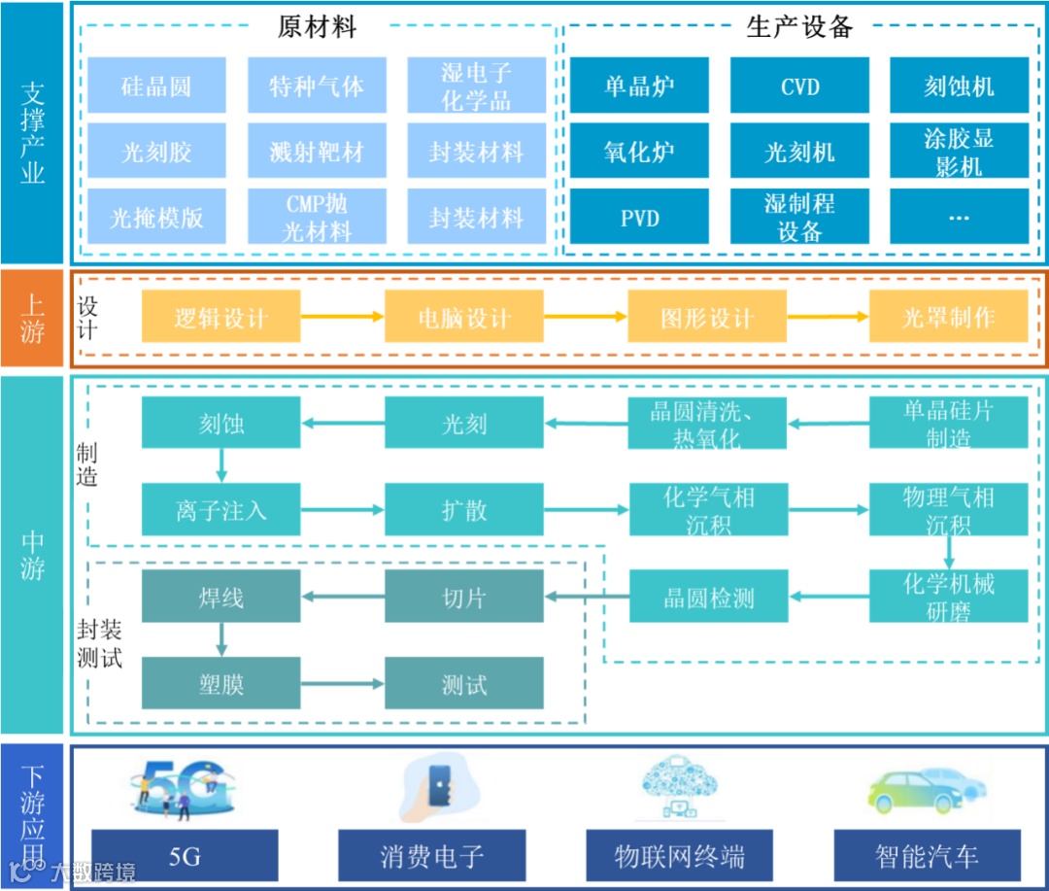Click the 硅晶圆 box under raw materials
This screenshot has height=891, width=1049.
[x=156, y=86]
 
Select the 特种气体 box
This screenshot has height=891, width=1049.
[x=317, y=86]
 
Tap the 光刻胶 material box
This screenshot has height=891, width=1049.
[x=156, y=152]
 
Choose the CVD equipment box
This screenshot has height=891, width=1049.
[x=799, y=86]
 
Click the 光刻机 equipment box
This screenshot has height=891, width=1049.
[x=799, y=152]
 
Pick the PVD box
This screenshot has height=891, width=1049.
[x=639, y=217]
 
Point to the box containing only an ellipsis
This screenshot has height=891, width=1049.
[x=959, y=217]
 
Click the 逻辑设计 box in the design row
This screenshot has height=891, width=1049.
[x=221, y=317]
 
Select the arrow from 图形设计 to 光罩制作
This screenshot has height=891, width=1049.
[x=828, y=317]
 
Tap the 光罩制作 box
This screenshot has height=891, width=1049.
[x=948, y=317]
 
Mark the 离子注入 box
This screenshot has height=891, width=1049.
[x=221, y=509]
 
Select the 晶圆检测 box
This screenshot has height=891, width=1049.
[x=707, y=597]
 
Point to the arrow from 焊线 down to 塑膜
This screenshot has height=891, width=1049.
[x=221, y=640]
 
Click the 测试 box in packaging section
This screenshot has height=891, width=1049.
[x=464, y=684]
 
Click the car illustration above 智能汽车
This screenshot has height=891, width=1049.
[x=928, y=789]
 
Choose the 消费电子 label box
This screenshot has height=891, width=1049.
[x=431, y=856]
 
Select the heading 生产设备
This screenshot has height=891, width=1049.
[x=799, y=26]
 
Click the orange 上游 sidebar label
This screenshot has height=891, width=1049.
[x=32, y=318]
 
